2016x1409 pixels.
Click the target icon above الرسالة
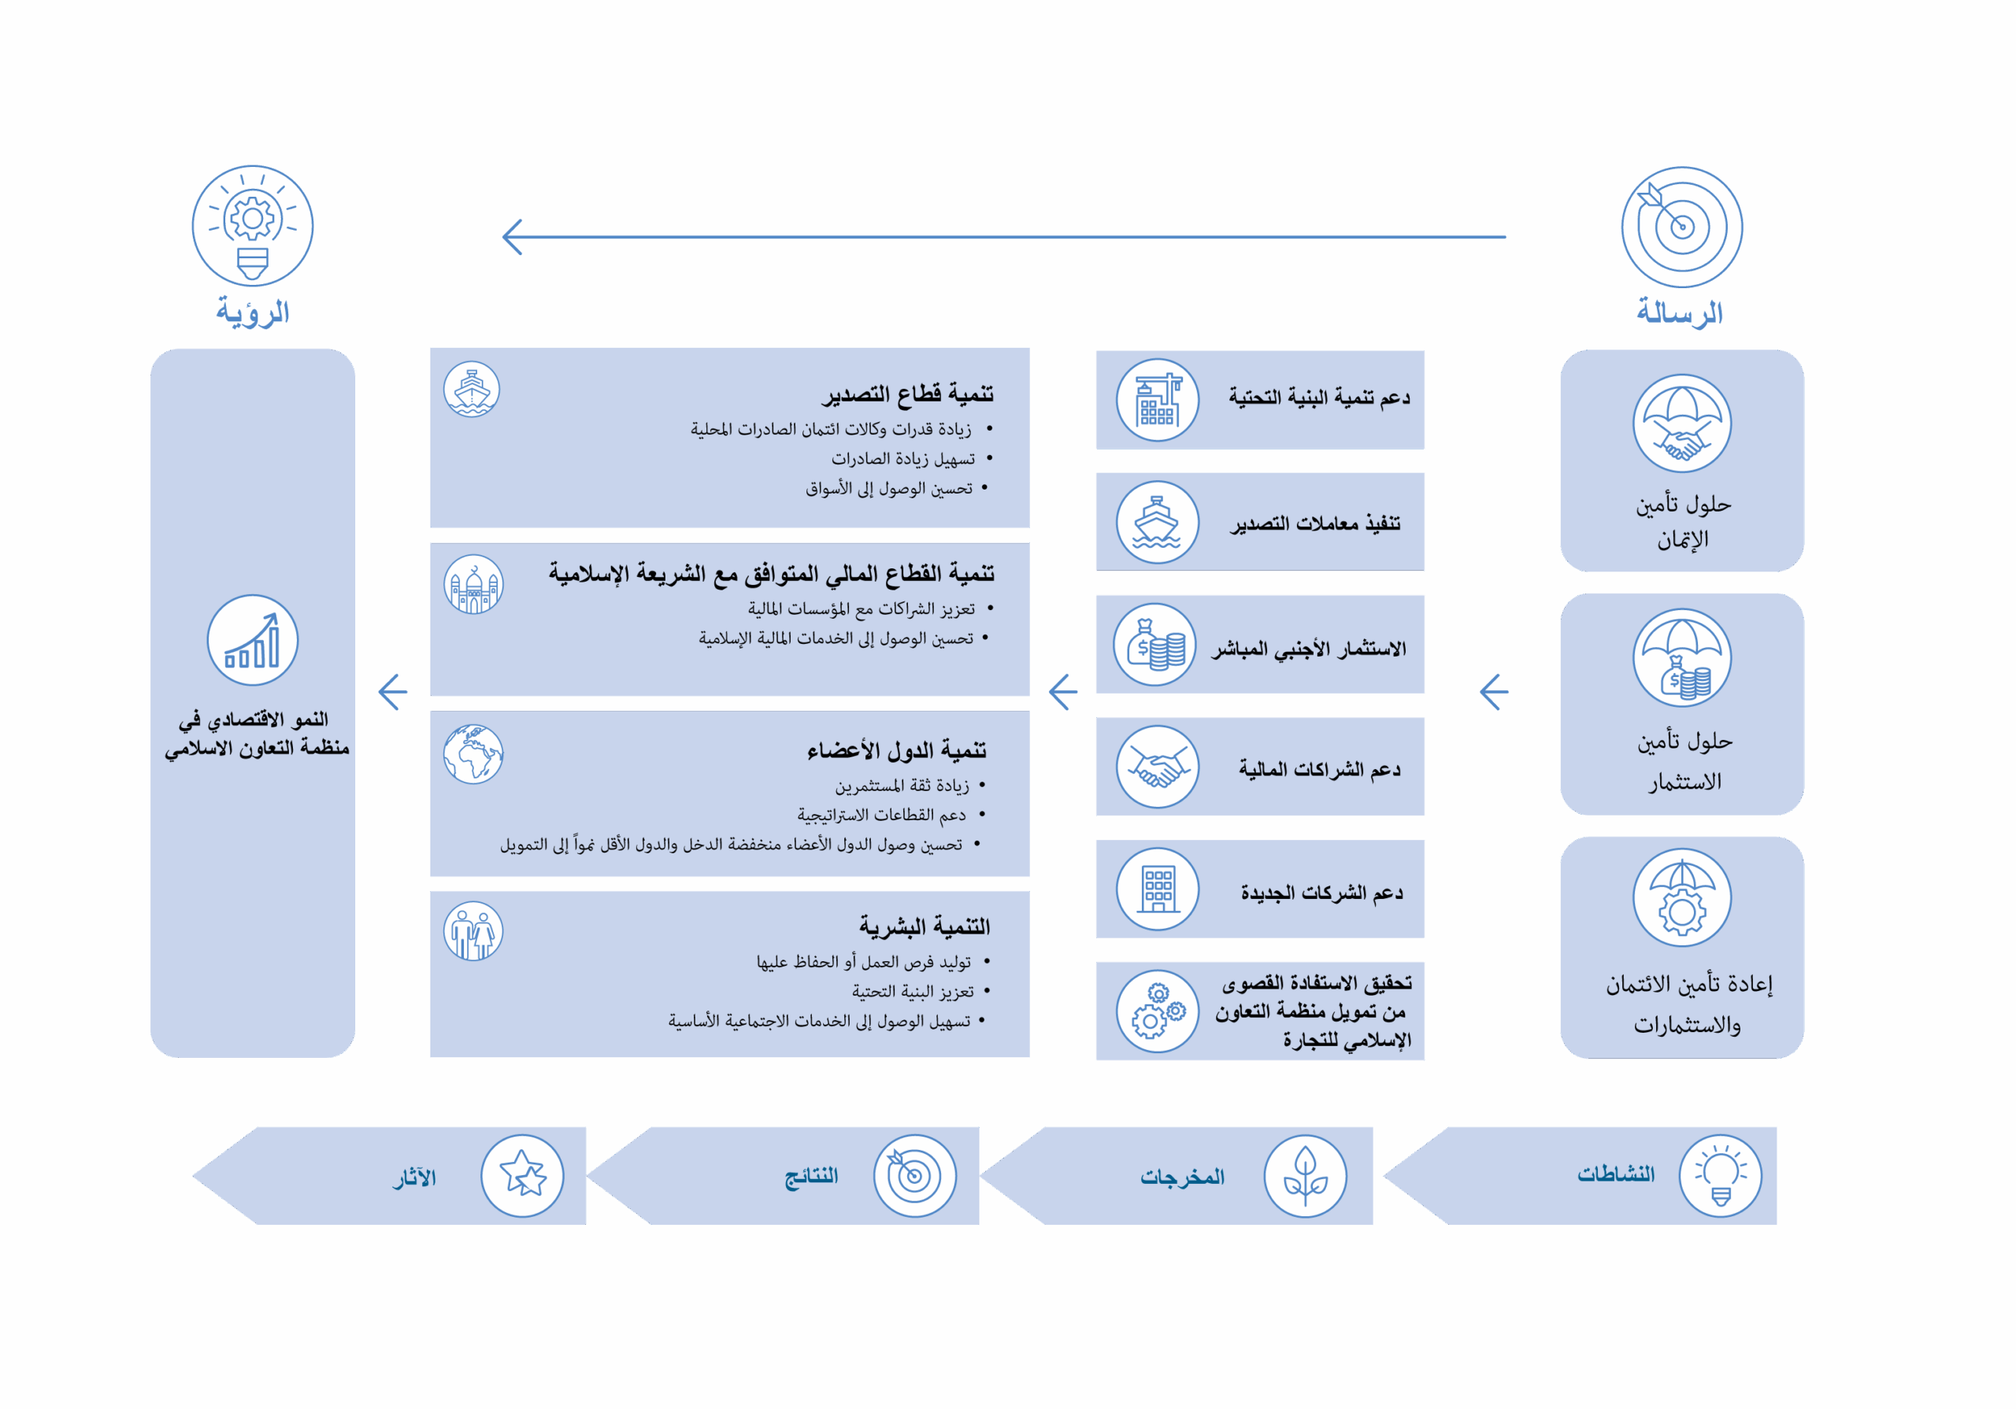(x=1681, y=227)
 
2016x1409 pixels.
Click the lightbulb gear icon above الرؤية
(x=253, y=226)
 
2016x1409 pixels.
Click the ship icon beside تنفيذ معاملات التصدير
(x=1158, y=523)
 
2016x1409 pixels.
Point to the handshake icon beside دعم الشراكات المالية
(x=1158, y=767)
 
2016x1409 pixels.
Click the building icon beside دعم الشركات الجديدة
(x=1158, y=889)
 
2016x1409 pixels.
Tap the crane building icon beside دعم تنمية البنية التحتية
(x=1158, y=401)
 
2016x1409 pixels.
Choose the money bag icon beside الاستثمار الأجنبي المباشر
(x=1155, y=645)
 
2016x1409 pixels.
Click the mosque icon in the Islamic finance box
(x=473, y=585)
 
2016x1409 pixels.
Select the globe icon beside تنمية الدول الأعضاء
(x=473, y=754)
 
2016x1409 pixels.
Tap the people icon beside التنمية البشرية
(x=473, y=931)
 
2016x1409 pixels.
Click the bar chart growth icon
(x=253, y=640)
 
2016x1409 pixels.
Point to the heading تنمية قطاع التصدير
(x=907, y=394)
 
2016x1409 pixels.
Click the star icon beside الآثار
(x=522, y=1175)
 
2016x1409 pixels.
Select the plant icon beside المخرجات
(x=1305, y=1175)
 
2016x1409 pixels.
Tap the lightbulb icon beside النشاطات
(x=1720, y=1175)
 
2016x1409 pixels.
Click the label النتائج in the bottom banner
(x=811, y=1175)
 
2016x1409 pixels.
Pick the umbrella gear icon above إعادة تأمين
(x=1681, y=897)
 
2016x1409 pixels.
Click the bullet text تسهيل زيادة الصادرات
(x=902, y=459)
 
